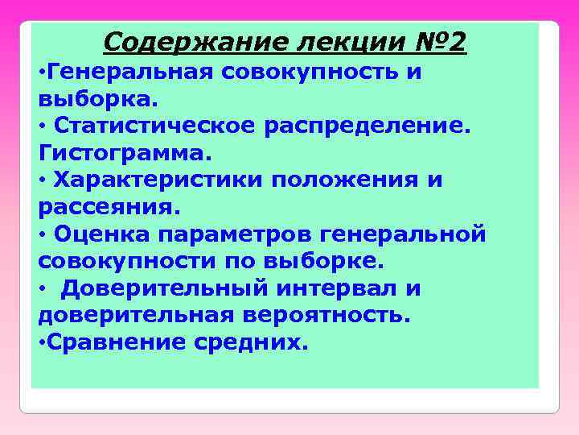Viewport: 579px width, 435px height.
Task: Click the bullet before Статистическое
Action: (42, 127)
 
